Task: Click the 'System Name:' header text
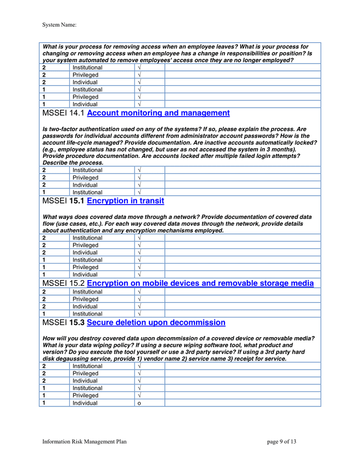point(59,24)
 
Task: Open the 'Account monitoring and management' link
point(158,113)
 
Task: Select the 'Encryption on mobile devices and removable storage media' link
point(200,283)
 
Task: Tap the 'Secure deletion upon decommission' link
point(156,323)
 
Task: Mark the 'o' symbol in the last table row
point(139,403)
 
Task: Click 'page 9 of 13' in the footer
point(282,442)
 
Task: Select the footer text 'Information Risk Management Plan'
point(84,442)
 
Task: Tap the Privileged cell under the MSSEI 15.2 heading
point(85,299)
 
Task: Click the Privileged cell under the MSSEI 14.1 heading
point(85,178)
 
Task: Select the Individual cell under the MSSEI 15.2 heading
point(85,307)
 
